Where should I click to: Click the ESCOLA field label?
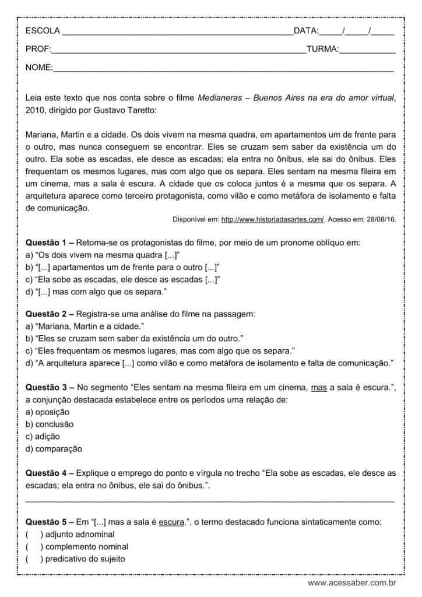click(43, 31)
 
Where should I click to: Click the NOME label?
click(38, 68)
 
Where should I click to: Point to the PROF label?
click(38, 50)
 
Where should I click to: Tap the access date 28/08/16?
click(381, 219)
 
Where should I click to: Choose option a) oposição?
click(48, 412)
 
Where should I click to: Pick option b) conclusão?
click(50, 424)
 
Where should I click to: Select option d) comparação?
click(54, 449)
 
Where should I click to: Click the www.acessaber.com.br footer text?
click(352, 583)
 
